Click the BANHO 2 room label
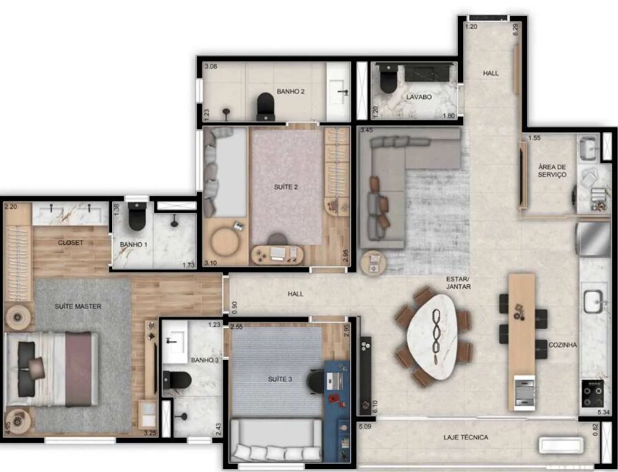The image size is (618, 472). (290, 92)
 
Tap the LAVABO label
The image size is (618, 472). (419, 97)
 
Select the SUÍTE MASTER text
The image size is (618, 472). (78, 306)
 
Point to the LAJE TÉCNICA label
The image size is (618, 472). (465, 438)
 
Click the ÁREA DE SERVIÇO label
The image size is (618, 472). (552, 171)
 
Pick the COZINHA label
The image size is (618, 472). (562, 345)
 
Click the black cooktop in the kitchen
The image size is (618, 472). (593, 393)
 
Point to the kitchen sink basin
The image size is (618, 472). (593, 301)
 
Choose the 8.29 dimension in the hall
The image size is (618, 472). (515, 30)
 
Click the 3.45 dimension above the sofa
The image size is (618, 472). (366, 129)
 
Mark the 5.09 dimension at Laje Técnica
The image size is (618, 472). (365, 426)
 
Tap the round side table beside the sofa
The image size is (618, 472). (372, 263)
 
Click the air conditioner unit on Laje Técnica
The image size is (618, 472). (562, 444)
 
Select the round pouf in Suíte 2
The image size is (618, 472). (224, 241)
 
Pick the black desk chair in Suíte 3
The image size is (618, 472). (316, 381)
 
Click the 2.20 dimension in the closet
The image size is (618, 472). (11, 206)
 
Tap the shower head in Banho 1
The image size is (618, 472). (174, 224)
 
